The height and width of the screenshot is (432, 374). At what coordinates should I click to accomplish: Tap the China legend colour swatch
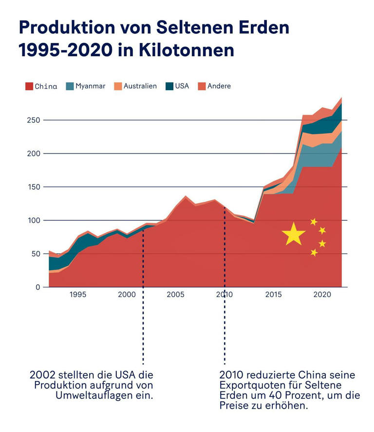[x=29, y=87]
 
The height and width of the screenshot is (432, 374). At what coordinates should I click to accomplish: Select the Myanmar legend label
[x=90, y=86]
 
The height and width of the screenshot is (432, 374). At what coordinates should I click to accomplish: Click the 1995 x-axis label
[x=78, y=295]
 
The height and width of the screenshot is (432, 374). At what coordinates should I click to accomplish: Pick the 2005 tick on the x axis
[x=175, y=295]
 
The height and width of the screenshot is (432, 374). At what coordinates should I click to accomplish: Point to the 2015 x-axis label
[x=273, y=295]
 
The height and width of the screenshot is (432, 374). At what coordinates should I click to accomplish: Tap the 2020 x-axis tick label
[x=322, y=295]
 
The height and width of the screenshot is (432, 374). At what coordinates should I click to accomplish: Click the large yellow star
[x=294, y=234]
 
